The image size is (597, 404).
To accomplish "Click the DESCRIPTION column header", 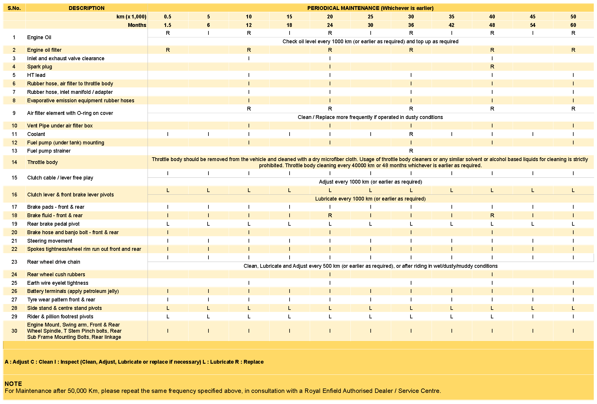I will [x=86, y=8].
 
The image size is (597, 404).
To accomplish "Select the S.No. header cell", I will [x=14, y=8].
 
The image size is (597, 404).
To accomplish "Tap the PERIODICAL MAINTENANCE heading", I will [x=370, y=8].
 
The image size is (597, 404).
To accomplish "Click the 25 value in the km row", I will [x=370, y=17].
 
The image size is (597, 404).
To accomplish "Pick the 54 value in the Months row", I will [x=533, y=25].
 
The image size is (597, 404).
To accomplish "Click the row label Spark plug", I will [x=40, y=67].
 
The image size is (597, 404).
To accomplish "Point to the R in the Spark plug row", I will [x=492, y=67].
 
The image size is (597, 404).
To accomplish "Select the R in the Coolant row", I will [x=411, y=134].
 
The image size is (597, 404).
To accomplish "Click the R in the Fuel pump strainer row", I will [x=411, y=151].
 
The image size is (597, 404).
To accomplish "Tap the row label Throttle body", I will [x=42, y=162].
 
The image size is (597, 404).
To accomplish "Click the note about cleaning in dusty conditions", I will [x=370, y=117].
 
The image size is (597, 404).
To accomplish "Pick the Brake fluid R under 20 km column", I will [x=330, y=215].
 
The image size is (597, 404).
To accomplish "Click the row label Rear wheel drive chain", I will [x=54, y=262].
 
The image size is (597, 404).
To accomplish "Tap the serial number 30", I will [x=14, y=331].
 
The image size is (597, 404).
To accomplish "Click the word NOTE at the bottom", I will [x=13, y=384].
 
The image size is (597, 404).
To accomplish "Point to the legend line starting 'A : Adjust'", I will [x=134, y=362].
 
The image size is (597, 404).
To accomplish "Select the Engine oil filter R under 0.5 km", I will [x=168, y=50].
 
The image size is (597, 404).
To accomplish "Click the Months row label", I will [x=137, y=25].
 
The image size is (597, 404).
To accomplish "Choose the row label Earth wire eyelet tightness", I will [x=58, y=283].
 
